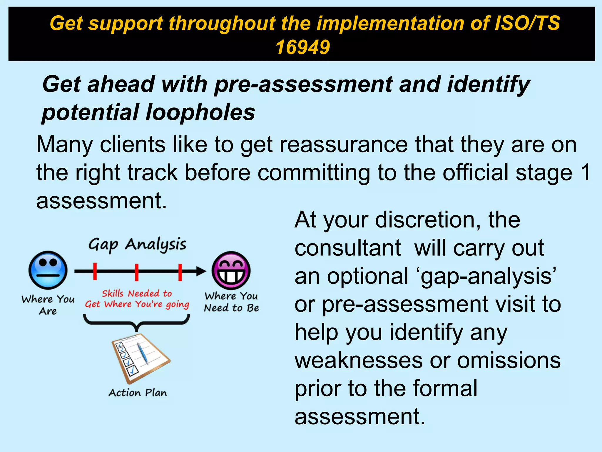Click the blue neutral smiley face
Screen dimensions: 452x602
tap(48, 270)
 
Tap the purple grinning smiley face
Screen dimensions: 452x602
tap(231, 270)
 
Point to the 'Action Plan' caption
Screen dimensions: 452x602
tap(138, 393)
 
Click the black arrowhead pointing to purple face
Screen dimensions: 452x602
tap(201, 271)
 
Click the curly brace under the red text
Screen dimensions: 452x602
tap(137, 322)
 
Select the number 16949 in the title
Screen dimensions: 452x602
tap(302, 47)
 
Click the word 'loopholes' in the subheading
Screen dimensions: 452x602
tap(200, 112)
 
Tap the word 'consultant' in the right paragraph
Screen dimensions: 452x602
tap(348, 248)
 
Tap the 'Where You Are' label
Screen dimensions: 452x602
tap(48, 305)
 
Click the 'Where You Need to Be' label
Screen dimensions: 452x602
tap(231, 302)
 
